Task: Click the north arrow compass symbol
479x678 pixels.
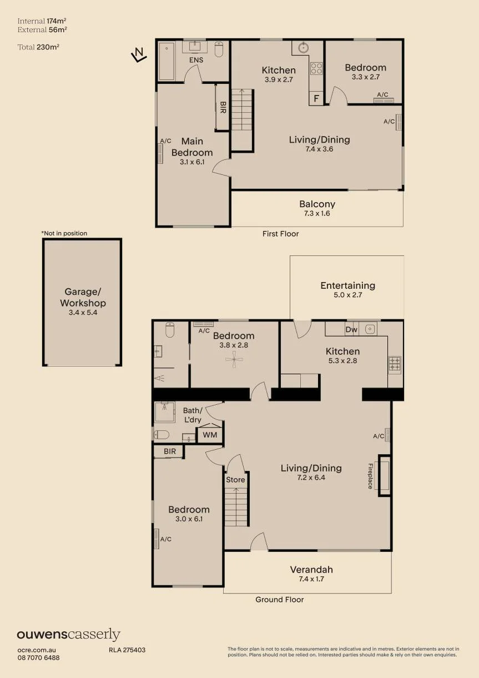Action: [139, 54]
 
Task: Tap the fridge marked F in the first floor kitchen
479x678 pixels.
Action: [316, 98]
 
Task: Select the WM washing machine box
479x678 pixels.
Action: [210, 435]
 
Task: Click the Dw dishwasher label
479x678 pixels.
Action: [351, 329]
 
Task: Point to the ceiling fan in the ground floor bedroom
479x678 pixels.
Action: [234, 359]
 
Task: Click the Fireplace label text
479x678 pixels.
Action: [370, 476]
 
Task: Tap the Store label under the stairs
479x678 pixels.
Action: [235, 480]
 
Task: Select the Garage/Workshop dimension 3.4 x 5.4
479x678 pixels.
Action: [83, 313]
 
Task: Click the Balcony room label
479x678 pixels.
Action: [317, 204]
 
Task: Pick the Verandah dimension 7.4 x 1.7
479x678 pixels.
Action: [311, 579]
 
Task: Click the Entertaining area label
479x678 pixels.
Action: [347, 285]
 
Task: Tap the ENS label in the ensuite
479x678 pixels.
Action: [196, 60]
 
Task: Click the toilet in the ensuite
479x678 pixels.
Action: [219, 49]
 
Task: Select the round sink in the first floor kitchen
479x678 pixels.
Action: [303, 48]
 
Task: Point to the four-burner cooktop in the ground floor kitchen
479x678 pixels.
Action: [395, 364]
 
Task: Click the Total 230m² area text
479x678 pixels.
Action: [38, 47]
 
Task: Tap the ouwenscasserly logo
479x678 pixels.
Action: [69, 635]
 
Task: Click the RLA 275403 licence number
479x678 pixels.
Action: [127, 650]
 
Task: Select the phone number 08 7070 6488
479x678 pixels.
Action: [38, 657]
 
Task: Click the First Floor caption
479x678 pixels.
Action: [280, 234]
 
